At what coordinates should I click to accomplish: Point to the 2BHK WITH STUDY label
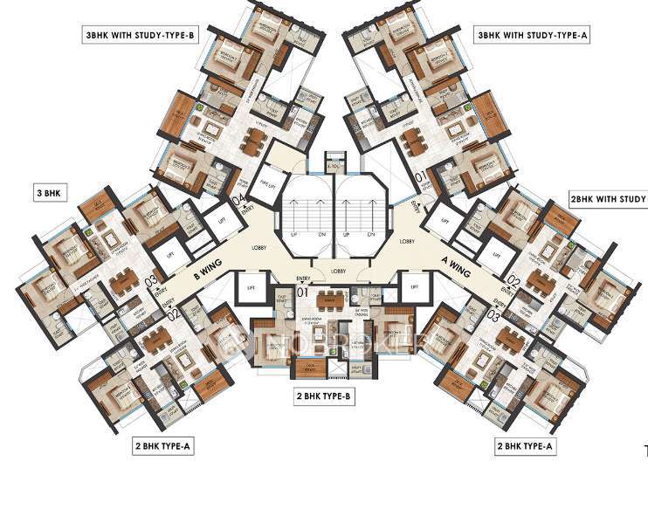tap(608, 198)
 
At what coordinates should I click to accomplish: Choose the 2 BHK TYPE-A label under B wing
tap(162, 446)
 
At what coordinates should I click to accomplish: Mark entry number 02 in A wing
tap(514, 281)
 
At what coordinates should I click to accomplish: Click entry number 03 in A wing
tap(493, 316)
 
